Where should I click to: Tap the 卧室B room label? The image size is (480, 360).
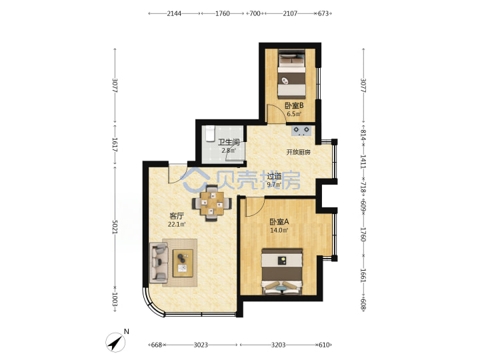click(x=294, y=106)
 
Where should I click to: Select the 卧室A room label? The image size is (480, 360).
click(x=279, y=221)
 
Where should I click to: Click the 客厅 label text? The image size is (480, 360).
click(x=177, y=216)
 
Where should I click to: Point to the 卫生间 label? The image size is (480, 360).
click(x=229, y=143)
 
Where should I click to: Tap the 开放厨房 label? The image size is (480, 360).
click(x=299, y=152)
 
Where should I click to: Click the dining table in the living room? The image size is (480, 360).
click(x=212, y=203)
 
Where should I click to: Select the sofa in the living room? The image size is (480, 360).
click(x=159, y=263)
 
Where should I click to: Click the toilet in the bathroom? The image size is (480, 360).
click(x=210, y=134)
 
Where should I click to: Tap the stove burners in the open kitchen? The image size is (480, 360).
click(x=301, y=131)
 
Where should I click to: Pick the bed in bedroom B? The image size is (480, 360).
click(x=292, y=75)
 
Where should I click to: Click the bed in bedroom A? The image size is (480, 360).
click(x=282, y=271)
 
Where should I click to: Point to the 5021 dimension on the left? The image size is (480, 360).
click(x=115, y=227)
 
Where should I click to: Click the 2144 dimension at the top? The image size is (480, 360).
click(x=174, y=13)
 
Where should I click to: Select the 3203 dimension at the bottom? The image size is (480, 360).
click(x=278, y=345)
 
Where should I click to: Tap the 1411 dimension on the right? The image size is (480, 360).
click(x=363, y=161)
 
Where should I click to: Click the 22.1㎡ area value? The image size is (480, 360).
click(x=177, y=225)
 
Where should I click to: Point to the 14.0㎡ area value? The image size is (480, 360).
click(x=279, y=231)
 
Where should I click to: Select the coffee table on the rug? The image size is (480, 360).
click(x=183, y=263)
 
